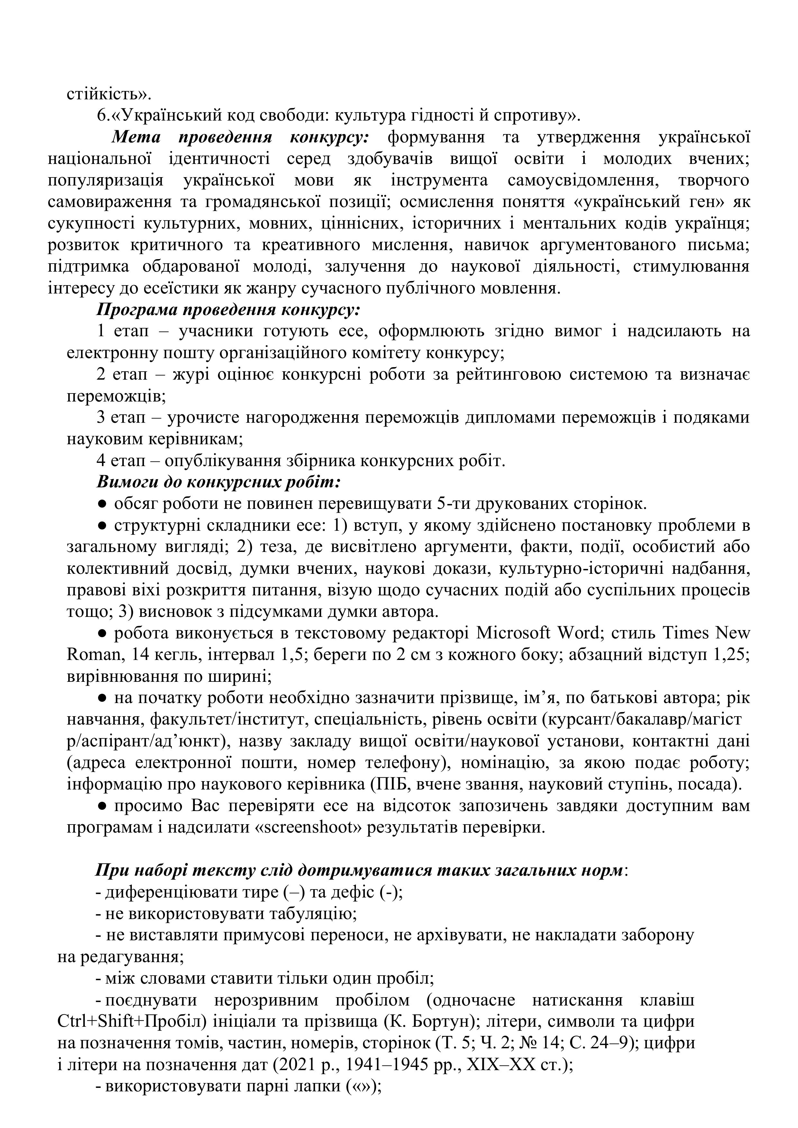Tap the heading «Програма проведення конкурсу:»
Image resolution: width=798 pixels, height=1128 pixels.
(229, 310)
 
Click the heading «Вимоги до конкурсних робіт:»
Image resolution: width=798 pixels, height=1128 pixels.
(219, 483)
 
